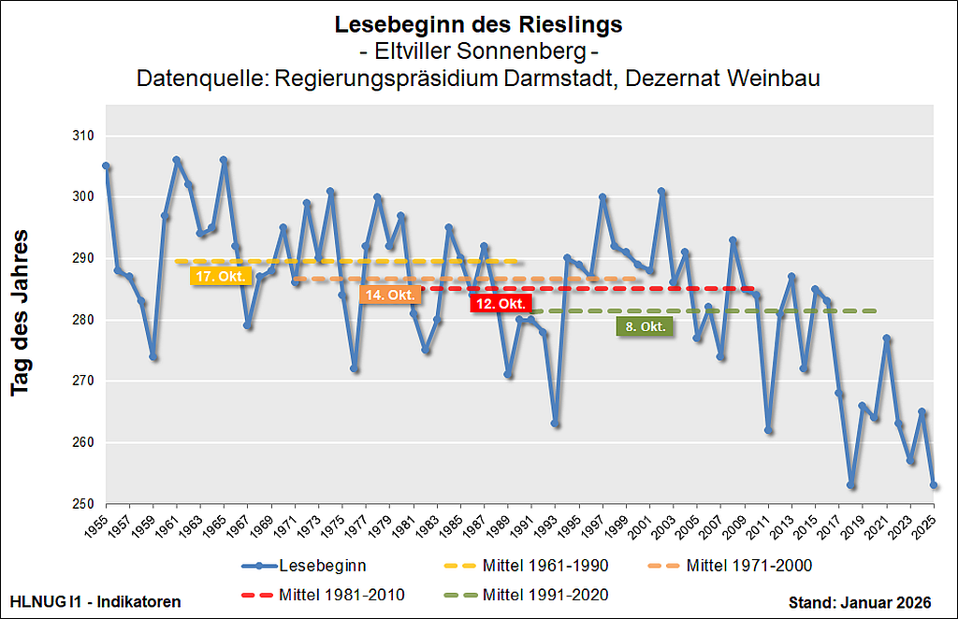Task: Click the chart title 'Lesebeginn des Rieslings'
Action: coord(478,24)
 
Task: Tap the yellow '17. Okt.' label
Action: coord(221,276)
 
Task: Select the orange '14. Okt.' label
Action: coord(390,294)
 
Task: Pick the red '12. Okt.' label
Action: coord(501,303)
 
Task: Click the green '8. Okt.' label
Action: coord(646,326)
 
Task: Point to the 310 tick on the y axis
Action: coord(84,136)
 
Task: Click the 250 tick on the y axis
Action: coord(84,504)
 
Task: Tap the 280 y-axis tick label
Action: coord(84,320)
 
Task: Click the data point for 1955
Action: coord(106,166)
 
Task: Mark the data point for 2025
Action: coord(934,485)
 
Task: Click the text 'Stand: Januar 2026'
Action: coord(867,601)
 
